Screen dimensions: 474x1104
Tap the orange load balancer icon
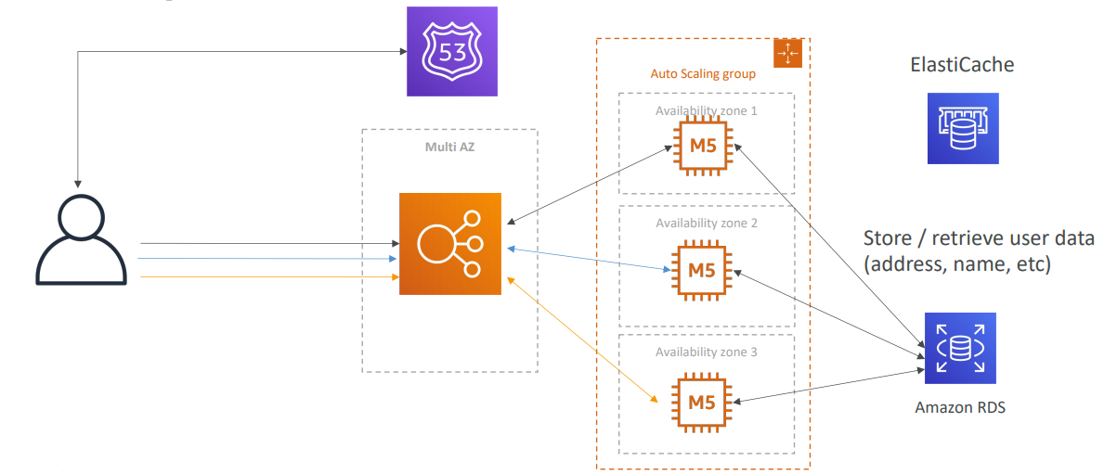[450, 244]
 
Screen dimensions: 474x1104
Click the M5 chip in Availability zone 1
[702, 146]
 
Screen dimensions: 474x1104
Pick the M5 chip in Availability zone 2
[702, 272]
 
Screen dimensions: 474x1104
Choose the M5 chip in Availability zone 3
[702, 402]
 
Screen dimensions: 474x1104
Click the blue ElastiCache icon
[963, 128]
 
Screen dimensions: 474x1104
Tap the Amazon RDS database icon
[960, 349]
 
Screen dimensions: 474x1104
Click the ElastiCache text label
[961, 65]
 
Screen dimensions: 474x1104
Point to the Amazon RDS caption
[960, 407]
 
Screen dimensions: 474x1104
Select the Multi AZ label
[449, 147]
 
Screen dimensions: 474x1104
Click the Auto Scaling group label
[703, 73]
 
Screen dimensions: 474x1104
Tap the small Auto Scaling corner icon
[786, 55]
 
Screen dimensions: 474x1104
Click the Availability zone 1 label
[707, 110]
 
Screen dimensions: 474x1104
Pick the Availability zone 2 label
[707, 224]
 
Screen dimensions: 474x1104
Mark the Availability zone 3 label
[707, 352]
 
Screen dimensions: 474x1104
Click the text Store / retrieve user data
[979, 237]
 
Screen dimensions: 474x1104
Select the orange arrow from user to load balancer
[269, 276]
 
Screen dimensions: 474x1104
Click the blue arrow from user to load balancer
[269, 260]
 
